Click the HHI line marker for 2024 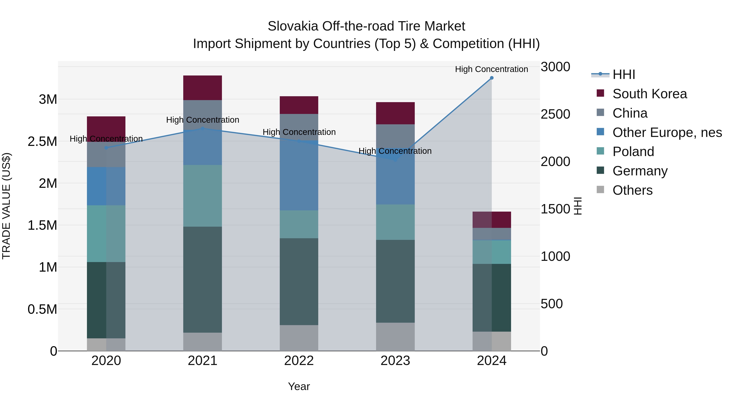pyautogui.click(x=492, y=78)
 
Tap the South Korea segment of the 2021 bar pyautogui.click(x=202, y=87)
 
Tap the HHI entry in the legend pyautogui.click(x=623, y=74)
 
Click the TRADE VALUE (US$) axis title pyautogui.click(x=6, y=206)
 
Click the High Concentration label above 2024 pyautogui.click(x=492, y=69)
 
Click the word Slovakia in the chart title pyautogui.click(x=293, y=26)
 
